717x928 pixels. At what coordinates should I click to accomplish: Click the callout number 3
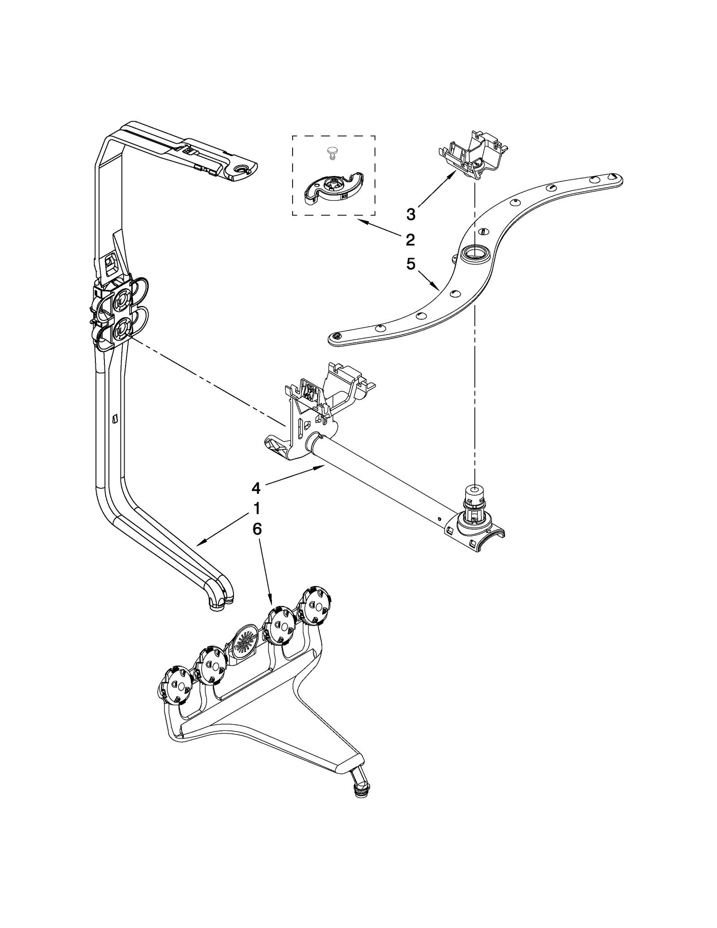410,214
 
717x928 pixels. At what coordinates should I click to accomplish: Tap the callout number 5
410,264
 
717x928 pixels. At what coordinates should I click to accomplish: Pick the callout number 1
257,509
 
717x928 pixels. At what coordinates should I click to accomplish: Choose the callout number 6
257,529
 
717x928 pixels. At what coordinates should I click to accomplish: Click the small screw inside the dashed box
332,153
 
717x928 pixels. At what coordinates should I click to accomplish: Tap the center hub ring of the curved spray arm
474,255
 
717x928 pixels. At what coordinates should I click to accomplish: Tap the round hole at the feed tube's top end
243,168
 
